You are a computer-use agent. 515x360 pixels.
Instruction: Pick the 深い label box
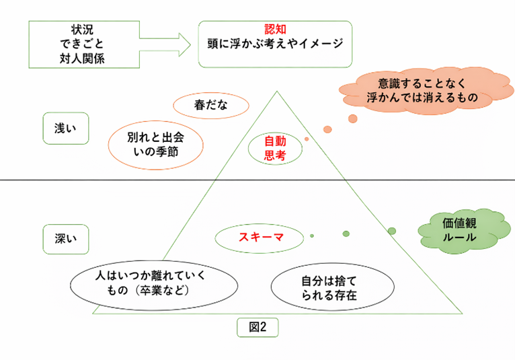pos(65,238)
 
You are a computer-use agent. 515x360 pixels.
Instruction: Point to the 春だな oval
pos(211,106)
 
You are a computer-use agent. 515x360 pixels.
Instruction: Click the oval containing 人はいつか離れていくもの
pos(146,285)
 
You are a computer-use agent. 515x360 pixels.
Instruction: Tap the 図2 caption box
pos(257,328)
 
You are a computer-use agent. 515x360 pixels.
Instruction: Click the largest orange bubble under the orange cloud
pos(352,119)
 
